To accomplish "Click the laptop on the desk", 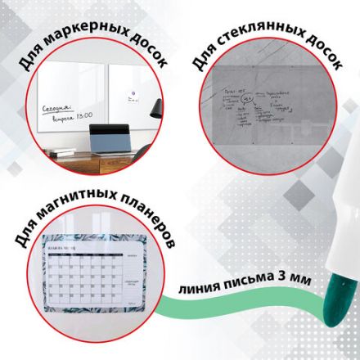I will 111,141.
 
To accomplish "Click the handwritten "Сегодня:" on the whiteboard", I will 54,107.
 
